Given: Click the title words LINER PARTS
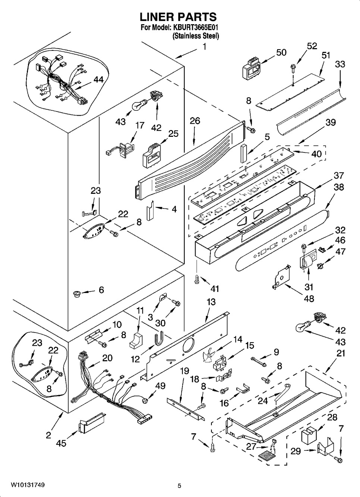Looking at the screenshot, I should click(x=178, y=17).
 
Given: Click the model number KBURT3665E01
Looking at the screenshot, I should click(x=195, y=28).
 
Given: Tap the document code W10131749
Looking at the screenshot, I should click(x=28, y=485).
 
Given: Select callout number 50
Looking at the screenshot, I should click(x=281, y=53).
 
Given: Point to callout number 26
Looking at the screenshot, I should click(x=195, y=120).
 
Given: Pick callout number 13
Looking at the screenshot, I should click(x=211, y=302).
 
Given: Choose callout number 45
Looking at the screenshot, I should click(x=61, y=443).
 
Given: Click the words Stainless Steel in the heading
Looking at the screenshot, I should click(x=195, y=36).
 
